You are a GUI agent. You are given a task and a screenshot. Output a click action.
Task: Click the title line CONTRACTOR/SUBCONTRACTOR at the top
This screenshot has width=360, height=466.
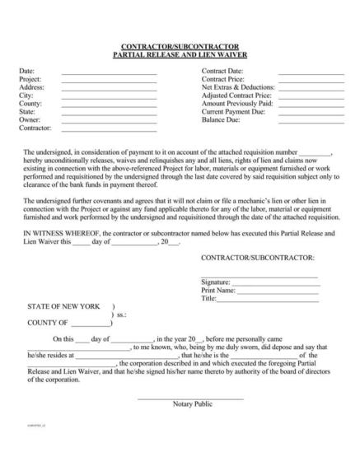coord(180,47)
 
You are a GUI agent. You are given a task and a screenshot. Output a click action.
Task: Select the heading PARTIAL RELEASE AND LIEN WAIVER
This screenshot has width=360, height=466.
coord(180,54)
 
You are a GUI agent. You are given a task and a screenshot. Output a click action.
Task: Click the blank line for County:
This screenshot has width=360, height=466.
coord(109,105)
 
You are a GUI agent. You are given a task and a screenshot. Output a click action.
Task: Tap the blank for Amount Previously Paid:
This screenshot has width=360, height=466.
coord(311,105)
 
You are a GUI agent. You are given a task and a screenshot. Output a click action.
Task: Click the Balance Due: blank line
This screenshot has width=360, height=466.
coord(311,122)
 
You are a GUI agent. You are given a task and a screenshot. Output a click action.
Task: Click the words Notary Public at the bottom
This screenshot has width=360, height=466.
coord(193,404)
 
